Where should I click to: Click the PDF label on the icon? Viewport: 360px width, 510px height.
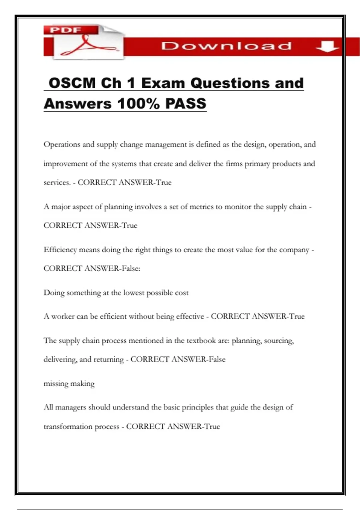click(x=65, y=30)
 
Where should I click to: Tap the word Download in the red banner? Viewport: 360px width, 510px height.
click(x=226, y=46)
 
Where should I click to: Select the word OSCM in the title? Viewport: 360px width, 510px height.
click(x=72, y=83)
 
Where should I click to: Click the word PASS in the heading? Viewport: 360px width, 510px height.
click(x=186, y=104)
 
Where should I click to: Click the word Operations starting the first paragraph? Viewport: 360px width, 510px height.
click(x=62, y=145)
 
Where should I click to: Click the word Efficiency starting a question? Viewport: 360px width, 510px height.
click(x=60, y=250)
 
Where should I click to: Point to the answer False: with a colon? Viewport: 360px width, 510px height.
click(x=131, y=268)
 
